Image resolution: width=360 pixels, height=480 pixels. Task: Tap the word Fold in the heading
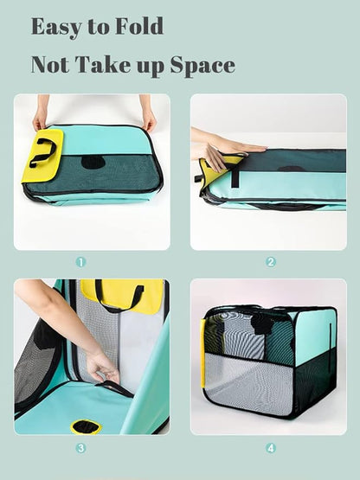coord(136,27)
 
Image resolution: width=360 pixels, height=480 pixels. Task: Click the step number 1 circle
coord(80,261)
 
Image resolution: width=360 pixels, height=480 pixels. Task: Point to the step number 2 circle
coord(271,261)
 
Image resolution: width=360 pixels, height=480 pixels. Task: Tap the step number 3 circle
coord(80,448)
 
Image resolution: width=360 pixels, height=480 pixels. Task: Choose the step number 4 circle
coord(271,448)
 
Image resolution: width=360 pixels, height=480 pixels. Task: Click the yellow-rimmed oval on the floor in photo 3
coord(86,426)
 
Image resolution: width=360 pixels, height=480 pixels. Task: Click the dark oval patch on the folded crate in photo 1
coord(93,162)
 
